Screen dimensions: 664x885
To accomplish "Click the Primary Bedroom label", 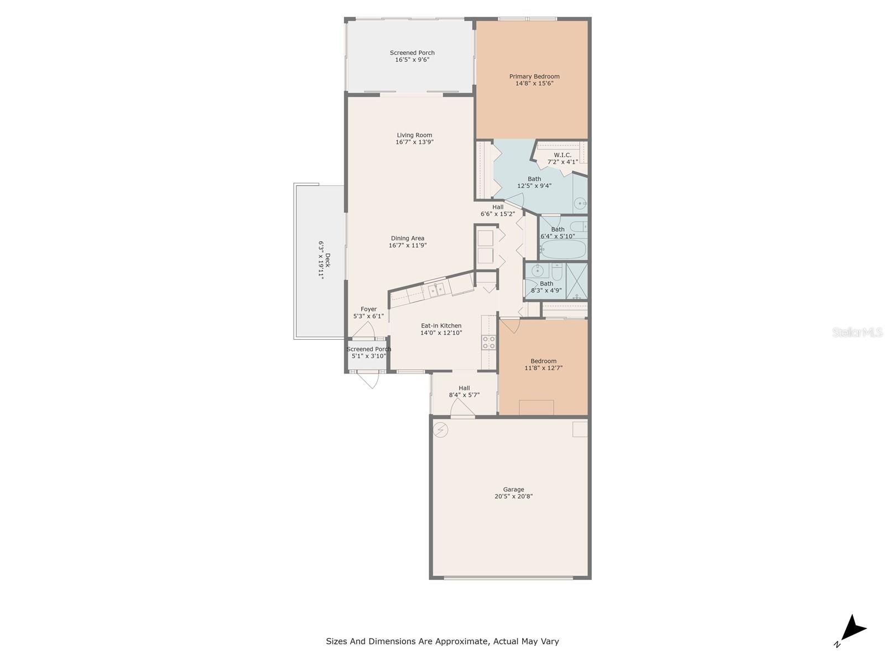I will coord(534,77).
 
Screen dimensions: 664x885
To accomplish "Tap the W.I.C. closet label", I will coord(563,155).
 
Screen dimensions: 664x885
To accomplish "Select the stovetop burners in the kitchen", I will coord(488,342).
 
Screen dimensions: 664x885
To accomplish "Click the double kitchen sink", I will coord(436,289).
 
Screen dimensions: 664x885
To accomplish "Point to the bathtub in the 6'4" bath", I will coord(563,250).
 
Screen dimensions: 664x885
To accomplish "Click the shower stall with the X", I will coord(577,281).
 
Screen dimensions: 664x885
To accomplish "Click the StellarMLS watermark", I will coord(857,332).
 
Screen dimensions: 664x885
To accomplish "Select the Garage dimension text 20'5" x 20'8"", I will coord(513,497).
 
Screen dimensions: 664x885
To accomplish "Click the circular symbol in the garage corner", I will coord(440,430).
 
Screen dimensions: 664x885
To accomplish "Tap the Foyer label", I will coord(368,309).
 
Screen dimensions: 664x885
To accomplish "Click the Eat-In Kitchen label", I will coord(441,326).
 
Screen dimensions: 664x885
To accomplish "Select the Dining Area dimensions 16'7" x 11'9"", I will coord(408,246).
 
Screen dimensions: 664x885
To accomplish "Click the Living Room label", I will coord(414,135).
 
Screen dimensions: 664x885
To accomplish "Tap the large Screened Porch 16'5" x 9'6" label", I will coord(412,53).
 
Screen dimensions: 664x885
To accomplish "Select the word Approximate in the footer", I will coord(461,641).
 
